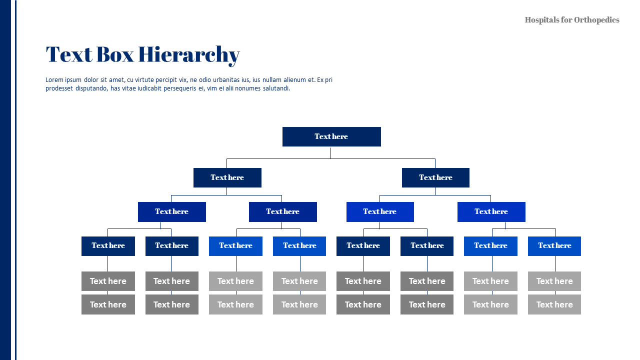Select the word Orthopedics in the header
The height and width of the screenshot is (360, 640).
596,20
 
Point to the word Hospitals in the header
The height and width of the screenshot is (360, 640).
541,20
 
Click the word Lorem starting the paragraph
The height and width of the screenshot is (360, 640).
54,80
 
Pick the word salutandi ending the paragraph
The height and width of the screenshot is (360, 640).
276,88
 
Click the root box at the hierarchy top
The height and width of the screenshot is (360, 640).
331,136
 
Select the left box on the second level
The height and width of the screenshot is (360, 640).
227,177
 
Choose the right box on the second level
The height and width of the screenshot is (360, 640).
435,177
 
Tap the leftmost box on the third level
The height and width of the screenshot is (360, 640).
172,211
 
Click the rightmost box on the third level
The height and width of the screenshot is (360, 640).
491,211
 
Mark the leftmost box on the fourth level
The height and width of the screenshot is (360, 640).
108,246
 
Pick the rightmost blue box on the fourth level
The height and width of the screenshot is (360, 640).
554,246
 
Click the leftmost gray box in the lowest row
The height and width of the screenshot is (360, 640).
108,304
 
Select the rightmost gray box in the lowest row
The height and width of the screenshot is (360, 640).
554,304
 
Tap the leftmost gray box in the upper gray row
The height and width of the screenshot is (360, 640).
108,281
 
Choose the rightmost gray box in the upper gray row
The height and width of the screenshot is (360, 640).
554,281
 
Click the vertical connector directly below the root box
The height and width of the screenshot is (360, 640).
330,152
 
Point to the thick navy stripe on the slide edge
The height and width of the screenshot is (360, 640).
5,180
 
